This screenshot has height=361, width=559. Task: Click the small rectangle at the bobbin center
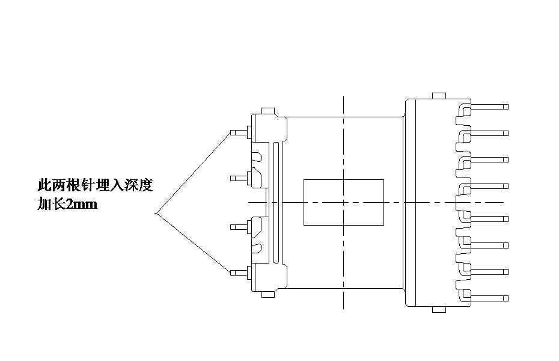point(343,202)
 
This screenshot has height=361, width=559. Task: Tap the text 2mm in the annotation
point(81,205)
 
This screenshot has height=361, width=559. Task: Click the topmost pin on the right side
point(488,106)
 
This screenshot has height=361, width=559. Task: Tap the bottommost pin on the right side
point(488,298)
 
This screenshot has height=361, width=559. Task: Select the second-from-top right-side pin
point(488,132)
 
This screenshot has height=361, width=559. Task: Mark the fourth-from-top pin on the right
point(488,186)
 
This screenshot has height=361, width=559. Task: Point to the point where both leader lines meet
point(156,212)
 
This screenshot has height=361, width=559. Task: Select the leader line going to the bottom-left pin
point(192,242)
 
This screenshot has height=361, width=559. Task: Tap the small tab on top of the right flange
point(438,96)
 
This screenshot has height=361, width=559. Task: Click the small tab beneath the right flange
point(438,310)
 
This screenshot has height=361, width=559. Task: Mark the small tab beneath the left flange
point(267,294)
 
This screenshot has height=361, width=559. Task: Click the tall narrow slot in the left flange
point(275,202)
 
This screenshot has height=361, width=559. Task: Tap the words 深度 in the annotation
point(139,185)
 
